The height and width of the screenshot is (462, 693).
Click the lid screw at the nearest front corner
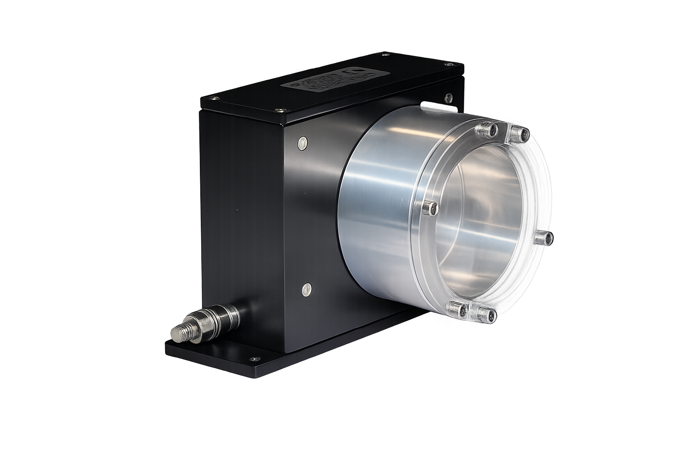coord(282,110)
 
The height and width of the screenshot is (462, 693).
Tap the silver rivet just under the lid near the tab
coord(448,97)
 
